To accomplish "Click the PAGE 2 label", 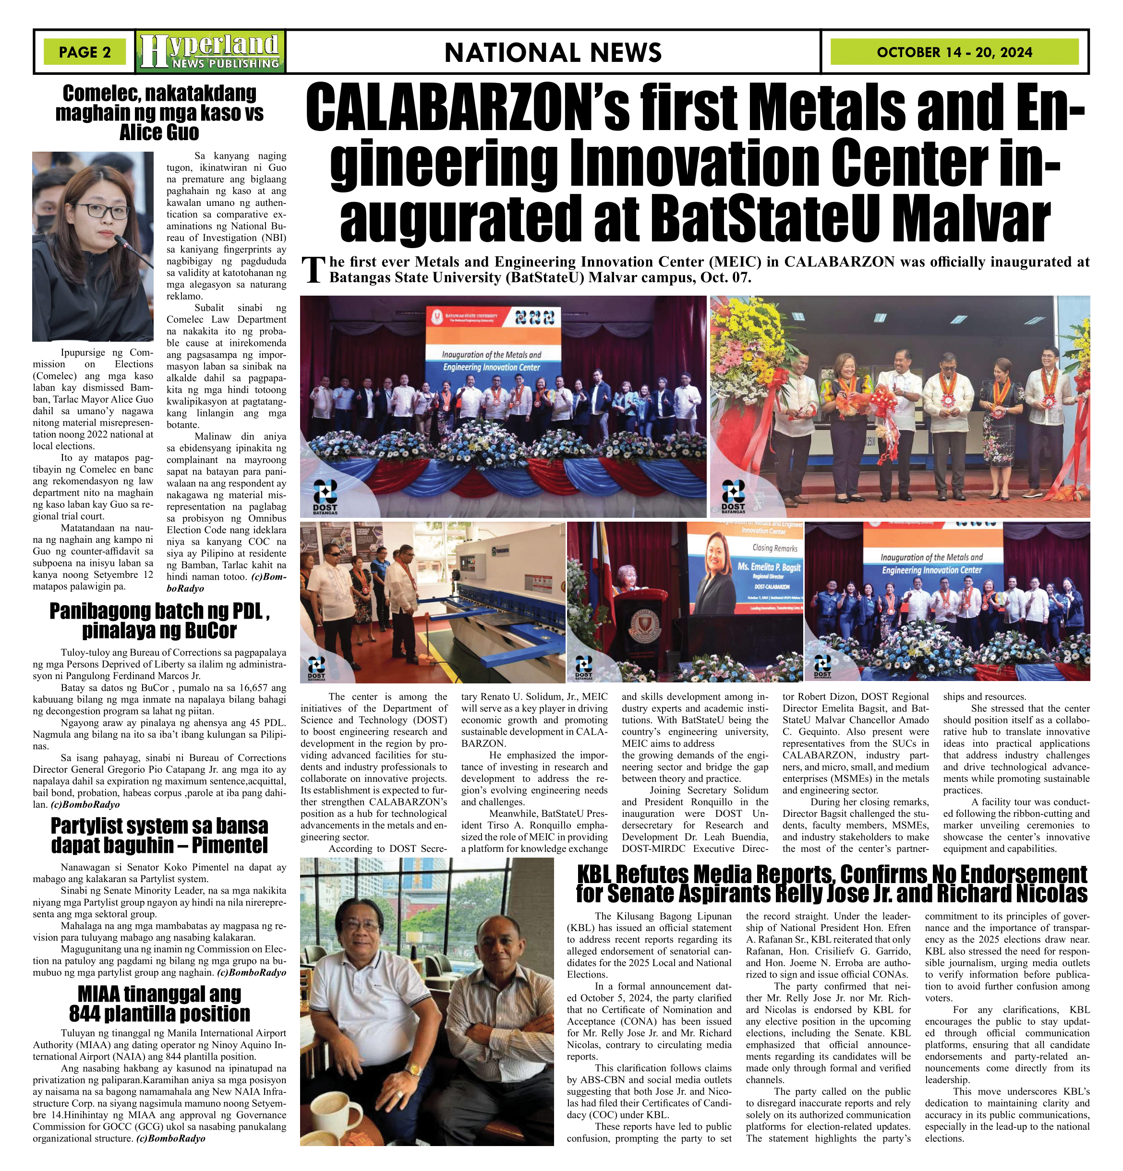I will (85, 52).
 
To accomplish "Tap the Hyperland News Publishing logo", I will (210, 51).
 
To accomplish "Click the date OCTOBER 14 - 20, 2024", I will (954, 52).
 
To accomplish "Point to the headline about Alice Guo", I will (159, 113).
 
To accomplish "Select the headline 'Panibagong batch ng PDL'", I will (159, 621).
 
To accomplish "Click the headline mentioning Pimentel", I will (159, 835).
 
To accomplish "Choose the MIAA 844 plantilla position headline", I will (159, 1004).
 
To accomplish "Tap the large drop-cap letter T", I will (313, 270).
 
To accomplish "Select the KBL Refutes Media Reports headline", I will (832, 884).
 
